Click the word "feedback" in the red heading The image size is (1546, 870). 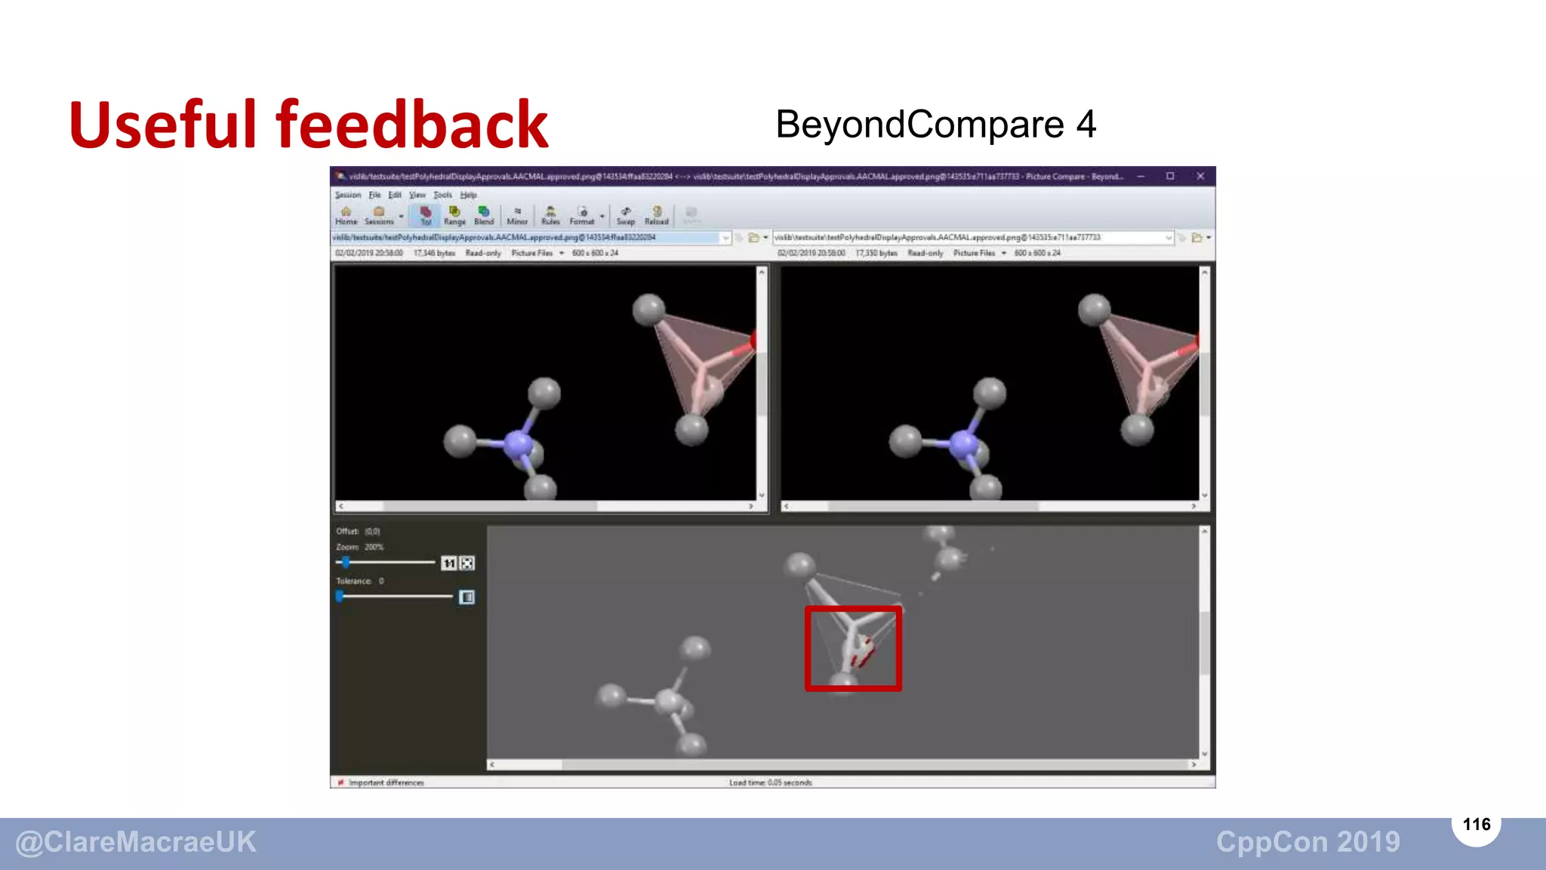(x=411, y=125)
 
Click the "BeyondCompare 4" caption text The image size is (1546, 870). (x=935, y=125)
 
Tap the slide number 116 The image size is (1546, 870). (x=1476, y=824)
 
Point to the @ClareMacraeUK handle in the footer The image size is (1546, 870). (x=136, y=842)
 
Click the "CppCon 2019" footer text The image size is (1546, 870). (x=1307, y=842)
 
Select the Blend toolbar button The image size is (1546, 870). (x=484, y=215)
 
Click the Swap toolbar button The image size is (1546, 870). (x=625, y=215)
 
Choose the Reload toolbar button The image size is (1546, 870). (x=656, y=215)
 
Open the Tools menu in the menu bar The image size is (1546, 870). (x=442, y=195)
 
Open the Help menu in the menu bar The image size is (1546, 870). (x=468, y=195)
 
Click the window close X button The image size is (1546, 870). (x=1200, y=176)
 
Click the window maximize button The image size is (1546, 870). (x=1170, y=176)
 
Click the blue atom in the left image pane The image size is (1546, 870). (x=518, y=443)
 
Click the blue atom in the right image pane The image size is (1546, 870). (x=964, y=443)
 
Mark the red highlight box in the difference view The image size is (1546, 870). (x=853, y=648)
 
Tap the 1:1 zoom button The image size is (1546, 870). (x=448, y=563)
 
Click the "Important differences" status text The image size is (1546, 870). (x=386, y=782)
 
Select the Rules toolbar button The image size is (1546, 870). (x=550, y=215)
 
